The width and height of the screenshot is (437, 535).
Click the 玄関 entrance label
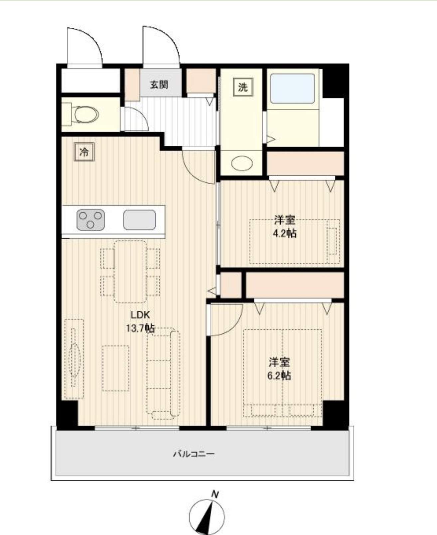tap(159, 85)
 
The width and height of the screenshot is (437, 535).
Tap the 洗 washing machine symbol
tap(243, 87)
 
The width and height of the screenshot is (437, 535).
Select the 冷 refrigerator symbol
tap(84, 152)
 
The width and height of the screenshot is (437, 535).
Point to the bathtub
tap(292, 89)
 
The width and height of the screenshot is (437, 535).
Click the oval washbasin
tap(242, 163)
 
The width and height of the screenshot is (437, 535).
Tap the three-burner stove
tap(90, 220)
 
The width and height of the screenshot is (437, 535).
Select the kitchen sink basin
tap(139, 220)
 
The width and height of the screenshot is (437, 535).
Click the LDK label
tap(140, 315)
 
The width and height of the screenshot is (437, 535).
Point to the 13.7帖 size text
tap(140, 328)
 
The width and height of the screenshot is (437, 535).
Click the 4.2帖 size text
tap(285, 233)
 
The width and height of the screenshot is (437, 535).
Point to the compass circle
tap(207, 517)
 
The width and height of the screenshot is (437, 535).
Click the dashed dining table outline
tap(130, 272)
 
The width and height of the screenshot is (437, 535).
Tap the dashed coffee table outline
tap(116, 368)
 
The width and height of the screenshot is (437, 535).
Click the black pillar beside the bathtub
tap(333, 83)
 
